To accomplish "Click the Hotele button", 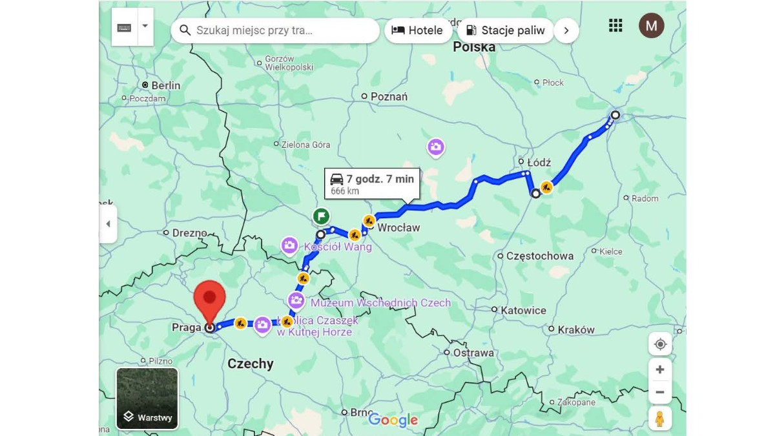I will tap(418, 30).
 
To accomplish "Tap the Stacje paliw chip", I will tap(505, 30).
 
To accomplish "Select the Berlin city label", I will tap(165, 85).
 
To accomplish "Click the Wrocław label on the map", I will tap(398, 227).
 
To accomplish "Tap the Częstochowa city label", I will tap(539, 256).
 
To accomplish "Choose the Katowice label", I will tap(523, 310).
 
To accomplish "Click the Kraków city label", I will tap(575, 329).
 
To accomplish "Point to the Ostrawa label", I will tap(473, 353).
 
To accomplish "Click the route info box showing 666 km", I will tap(372, 184).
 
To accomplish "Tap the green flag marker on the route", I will tap(321, 216).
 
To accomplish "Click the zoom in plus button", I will tap(659, 369).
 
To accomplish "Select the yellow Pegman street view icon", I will tap(659, 419).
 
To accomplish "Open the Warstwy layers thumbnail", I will tap(147, 398).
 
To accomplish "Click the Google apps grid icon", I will tap(615, 25).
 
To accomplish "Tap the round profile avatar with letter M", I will tap(651, 26).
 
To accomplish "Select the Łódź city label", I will tap(535, 162).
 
